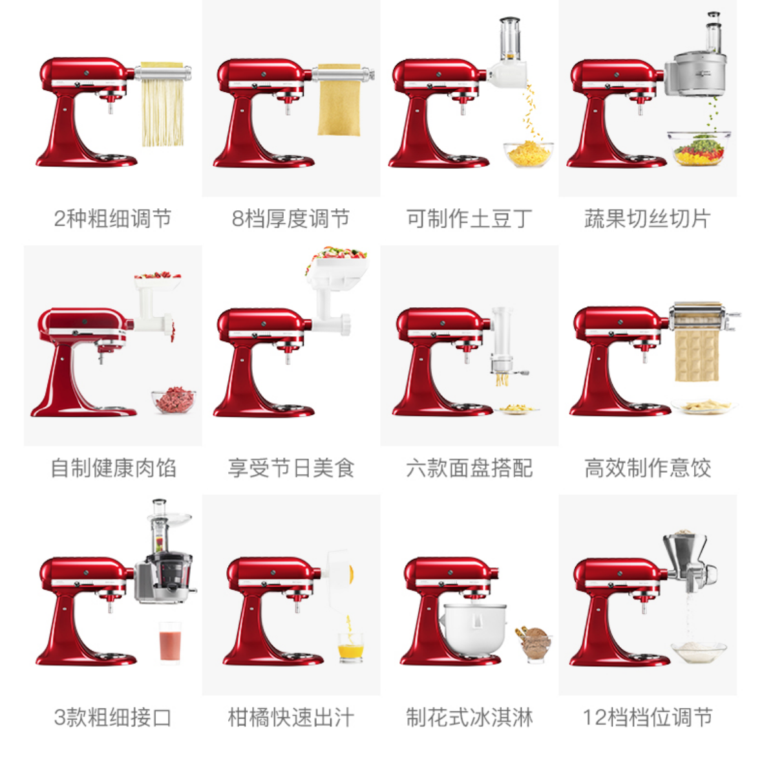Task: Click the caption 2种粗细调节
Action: coord(112,219)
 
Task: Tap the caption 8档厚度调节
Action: coord(291,219)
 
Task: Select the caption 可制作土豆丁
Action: coord(469,219)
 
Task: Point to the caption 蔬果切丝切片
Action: coord(647,219)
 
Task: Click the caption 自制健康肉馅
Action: coord(113,468)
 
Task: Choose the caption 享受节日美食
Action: coord(291,468)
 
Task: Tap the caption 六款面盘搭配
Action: coord(469,468)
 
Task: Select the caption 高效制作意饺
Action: coord(647,468)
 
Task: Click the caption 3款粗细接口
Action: coord(112,717)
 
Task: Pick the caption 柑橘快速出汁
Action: coord(291,717)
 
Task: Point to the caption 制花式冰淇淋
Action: coord(469,717)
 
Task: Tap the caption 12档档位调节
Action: coord(647,717)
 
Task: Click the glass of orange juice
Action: coord(350,647)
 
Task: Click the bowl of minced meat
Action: coord(173,400)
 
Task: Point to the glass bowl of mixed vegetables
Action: coord(699,147)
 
